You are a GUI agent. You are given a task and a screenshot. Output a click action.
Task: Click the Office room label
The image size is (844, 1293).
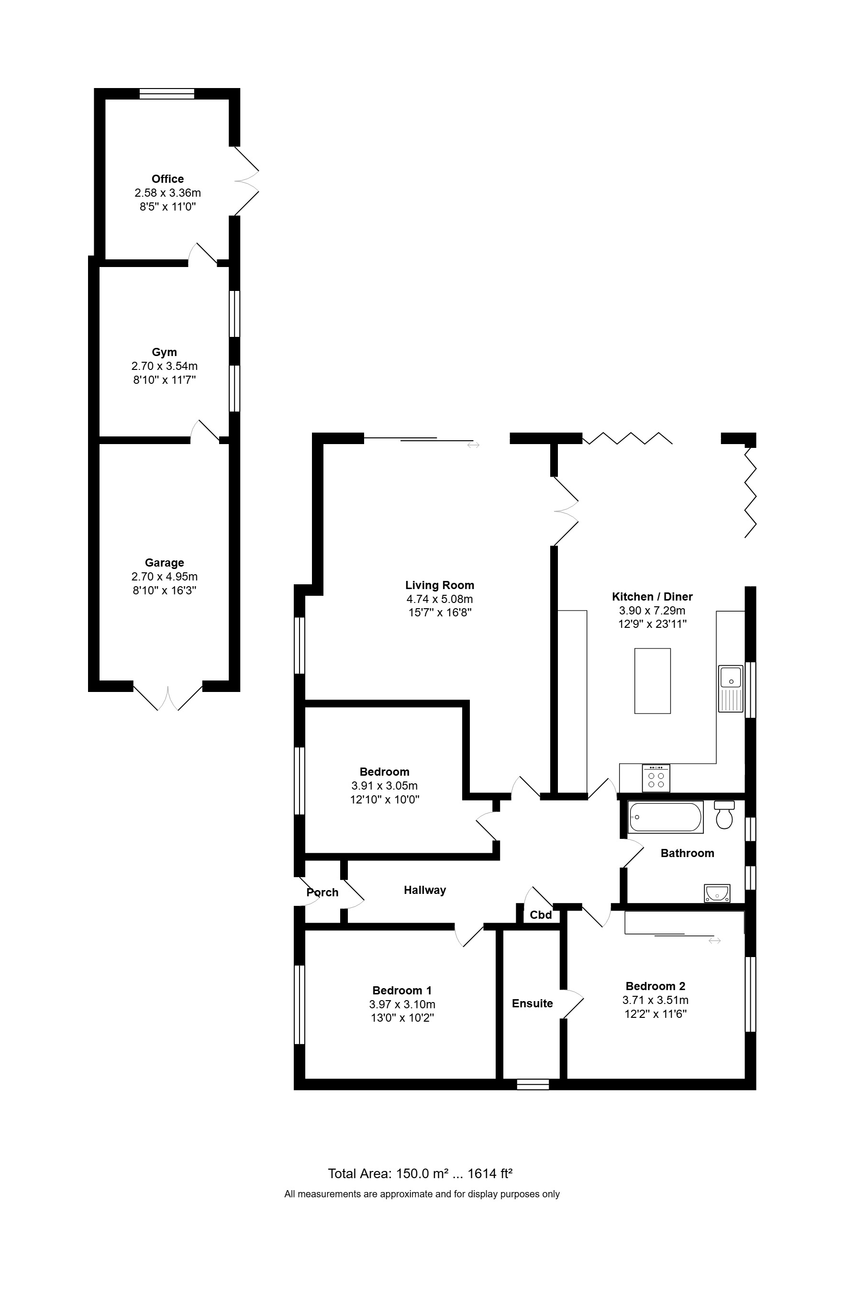(167, 179)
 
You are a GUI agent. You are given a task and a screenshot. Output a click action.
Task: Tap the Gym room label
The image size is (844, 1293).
(164, 352)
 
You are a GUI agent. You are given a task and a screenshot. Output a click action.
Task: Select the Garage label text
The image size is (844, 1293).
(164, 563)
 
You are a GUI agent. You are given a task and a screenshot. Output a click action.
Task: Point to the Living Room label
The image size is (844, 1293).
(439, 585)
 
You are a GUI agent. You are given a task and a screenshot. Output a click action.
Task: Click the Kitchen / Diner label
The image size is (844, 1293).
(652, 597)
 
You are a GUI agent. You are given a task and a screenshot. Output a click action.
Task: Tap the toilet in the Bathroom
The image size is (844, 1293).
(724, 815)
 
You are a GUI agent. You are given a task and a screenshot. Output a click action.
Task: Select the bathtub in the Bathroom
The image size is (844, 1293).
(666, 817)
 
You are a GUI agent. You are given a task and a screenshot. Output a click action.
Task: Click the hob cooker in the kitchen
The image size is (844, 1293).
(656, 779)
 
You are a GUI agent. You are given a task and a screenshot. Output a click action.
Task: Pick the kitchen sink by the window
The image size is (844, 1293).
(731, 688)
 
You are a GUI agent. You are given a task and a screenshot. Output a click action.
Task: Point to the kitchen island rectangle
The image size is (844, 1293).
(652, 681)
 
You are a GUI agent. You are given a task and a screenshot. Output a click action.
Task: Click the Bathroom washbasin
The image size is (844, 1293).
(717, 893)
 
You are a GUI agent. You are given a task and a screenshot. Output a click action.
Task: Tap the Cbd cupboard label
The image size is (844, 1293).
(541, 915)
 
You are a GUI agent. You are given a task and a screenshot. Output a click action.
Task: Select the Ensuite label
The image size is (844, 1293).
(532, 1003)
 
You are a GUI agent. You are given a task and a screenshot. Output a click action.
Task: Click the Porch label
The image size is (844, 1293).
(322, 892)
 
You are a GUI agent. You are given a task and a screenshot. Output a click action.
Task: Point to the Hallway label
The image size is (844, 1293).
(425, 890)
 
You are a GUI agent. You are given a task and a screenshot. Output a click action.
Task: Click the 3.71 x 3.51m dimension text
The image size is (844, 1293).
(655, 1000)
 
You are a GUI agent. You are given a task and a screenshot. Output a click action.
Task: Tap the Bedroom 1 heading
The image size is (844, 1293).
(402, 991)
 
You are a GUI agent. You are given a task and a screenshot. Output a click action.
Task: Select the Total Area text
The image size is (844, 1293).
(421, 1173)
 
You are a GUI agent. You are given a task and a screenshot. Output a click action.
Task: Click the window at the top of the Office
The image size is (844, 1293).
(167, 93)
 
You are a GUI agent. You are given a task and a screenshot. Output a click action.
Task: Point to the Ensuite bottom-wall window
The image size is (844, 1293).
(533, 1084)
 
